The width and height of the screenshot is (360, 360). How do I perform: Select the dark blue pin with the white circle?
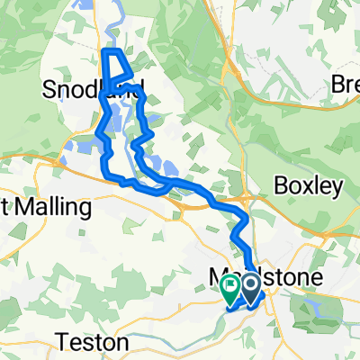point(248,288)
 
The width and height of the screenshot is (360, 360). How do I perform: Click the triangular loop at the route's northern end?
point(117,65)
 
